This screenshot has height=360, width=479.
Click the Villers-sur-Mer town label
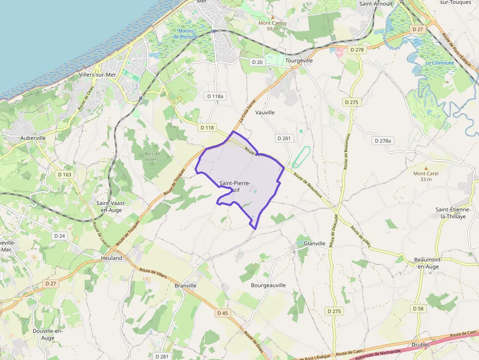pyautogui.click(x=98, y=75)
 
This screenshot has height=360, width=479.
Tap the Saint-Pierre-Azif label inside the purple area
pyautogui.click(x=235, y=186)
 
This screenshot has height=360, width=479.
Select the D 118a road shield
pyautogui.click(x=215, y=96)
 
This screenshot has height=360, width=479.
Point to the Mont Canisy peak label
pyautogui.click(x=273, y=23)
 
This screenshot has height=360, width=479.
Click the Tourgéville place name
pyautogui.click(x=299, y=61)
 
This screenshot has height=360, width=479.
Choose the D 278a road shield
pyautogui.click(x=383, y=141)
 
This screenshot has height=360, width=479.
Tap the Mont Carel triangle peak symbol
pyautogui.click(x=425, y=168)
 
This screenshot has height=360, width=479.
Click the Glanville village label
pyautogui.click(x=314, y=243)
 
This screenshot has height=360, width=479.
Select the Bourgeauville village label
pyautogui.click(x=268, y=285)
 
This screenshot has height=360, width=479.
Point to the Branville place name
pyautogui.click(x=185, y=286)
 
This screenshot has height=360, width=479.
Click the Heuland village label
pyautogui.click(x=111, y=258)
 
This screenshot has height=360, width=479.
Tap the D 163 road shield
pyautogui.click(x=65, y=174)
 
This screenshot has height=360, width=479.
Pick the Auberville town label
pyautogui.click(x=33, y=138)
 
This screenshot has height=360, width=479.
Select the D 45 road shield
pyautogui.click(x=222, y=313)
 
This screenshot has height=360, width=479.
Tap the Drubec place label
pyautogui.click(x=421, y=344)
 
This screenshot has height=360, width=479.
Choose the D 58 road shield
pyautogui.click(x=418, y=309)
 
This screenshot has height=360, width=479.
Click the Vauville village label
pyautogui.click(x=265, y=112)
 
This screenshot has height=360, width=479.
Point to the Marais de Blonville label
pyautogui.click(x=185, y=33)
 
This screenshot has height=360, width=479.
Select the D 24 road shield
pyautogui.click(x=60, y=236)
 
